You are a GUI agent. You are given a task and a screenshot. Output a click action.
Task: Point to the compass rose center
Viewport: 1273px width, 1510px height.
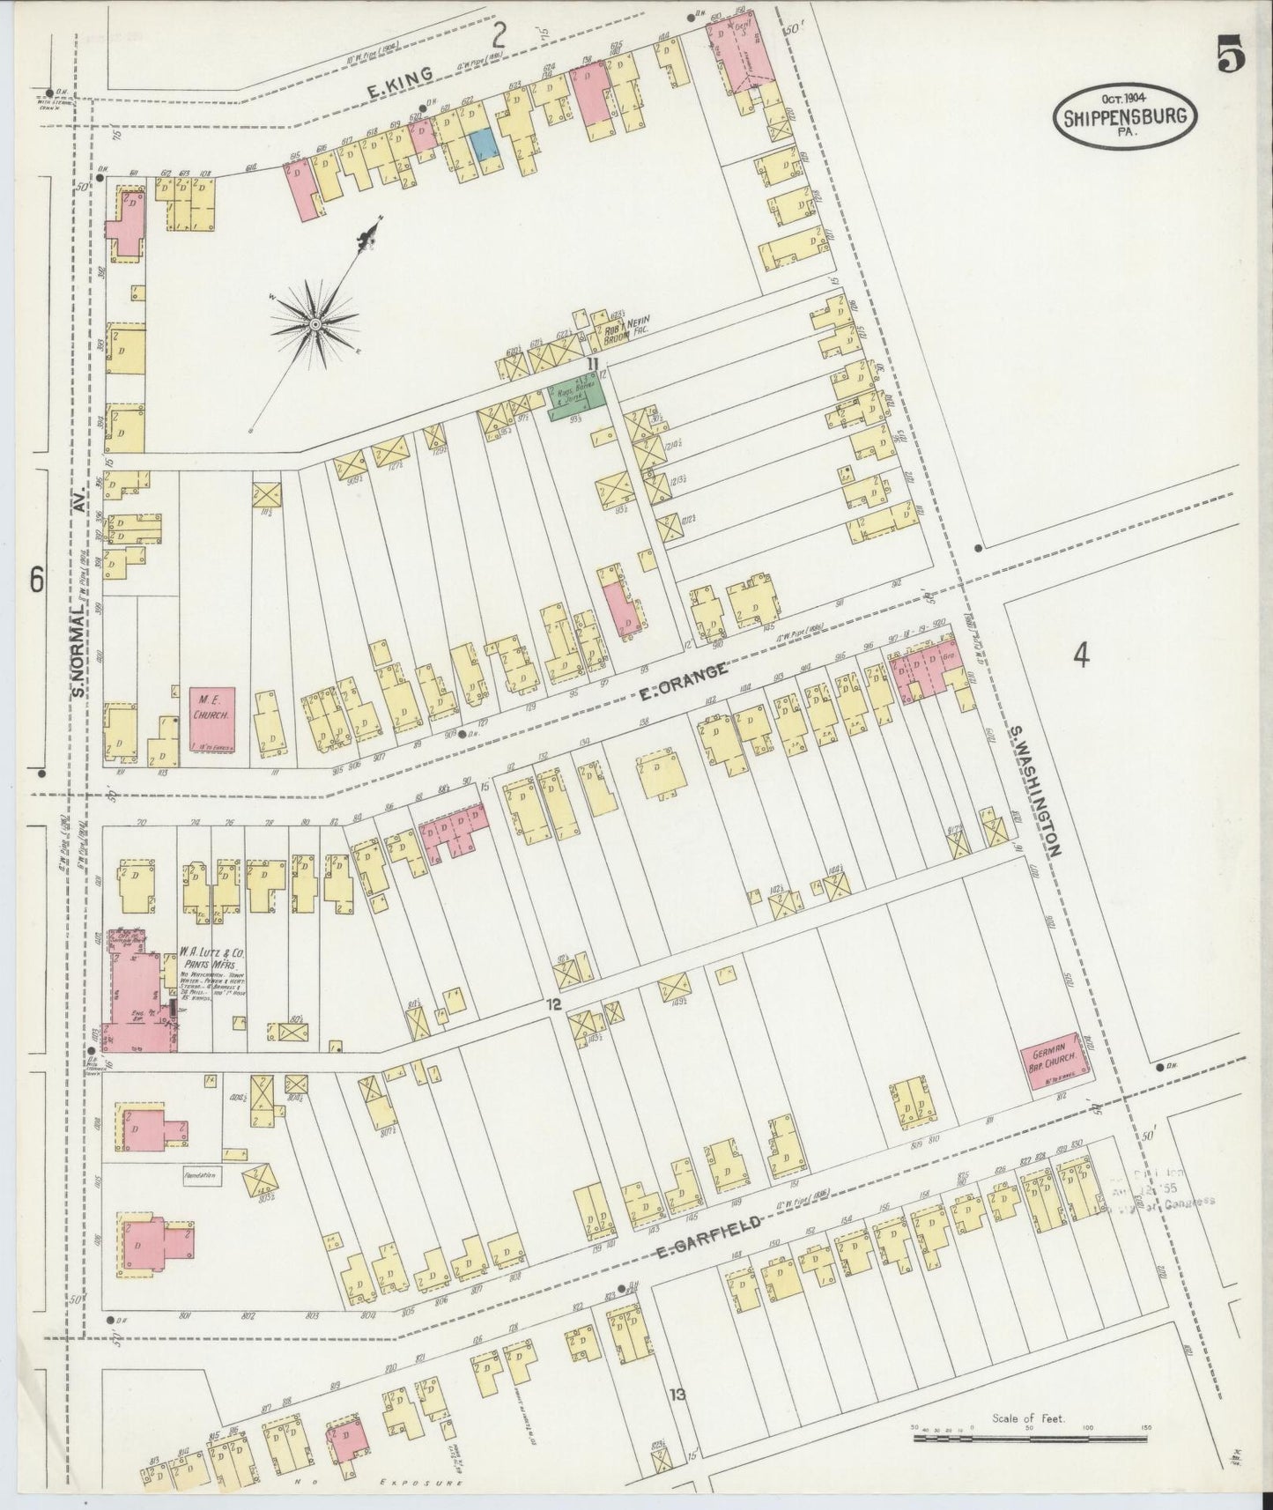[315, 325]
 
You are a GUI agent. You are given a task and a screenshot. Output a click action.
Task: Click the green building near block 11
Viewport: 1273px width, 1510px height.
[577, 401]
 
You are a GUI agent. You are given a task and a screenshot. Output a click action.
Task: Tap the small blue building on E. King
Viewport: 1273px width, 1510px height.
[483, 144]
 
